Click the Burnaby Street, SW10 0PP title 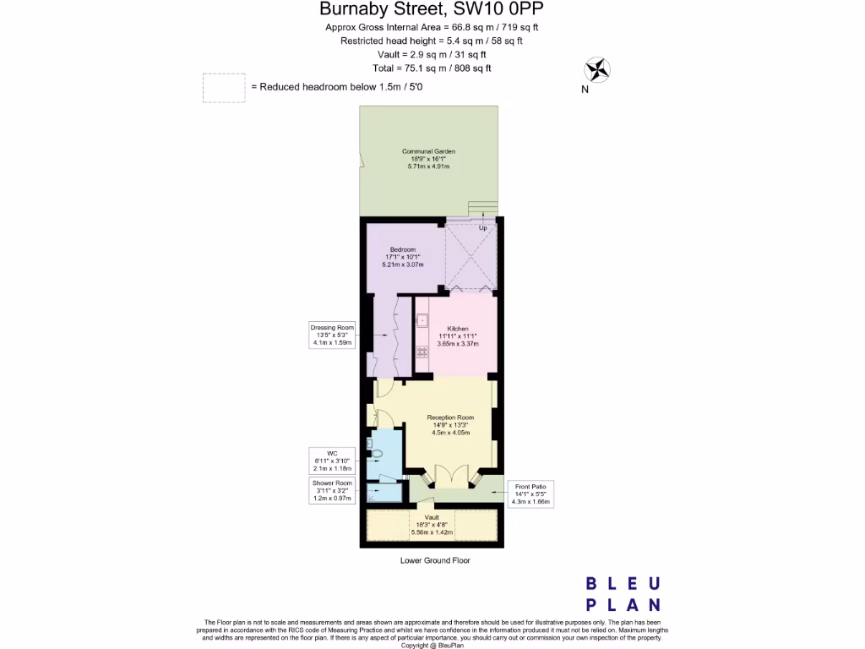point(432,10)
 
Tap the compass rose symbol point(597,69)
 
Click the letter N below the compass point(585,90)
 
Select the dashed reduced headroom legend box point(223,88)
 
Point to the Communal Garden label point(428,159)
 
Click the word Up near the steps point(483,228)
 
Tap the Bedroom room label point(402,257)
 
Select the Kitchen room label point(458,335)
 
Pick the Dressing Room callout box point(331,335)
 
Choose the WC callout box point(331,460)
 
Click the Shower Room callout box point(331,490)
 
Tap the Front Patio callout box point(531,493)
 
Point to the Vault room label point(431,525)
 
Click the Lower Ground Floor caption point(435,560)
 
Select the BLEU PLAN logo point(623,594)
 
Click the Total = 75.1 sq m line point(432,68)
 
